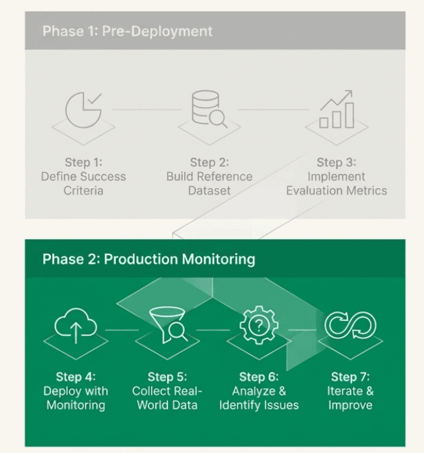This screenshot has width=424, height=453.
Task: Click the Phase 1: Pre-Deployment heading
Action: (x=127, y=31)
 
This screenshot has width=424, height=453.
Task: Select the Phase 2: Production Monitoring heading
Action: (x=149, y=259)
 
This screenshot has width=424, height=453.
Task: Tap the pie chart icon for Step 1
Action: (x=84, y=110)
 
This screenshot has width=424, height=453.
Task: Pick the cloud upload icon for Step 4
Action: (x=75, y=327)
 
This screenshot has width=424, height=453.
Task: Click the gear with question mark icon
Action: (x=258, y=325)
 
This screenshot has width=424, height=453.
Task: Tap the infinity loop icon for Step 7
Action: (x=350, y=326)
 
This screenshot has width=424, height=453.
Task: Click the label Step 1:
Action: (x=84, y=162)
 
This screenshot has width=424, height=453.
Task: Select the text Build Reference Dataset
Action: (x=209, y=183)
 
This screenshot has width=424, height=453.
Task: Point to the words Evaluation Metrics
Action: (x=336, y=190)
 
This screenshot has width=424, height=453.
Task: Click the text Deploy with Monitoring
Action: (x=76, y=398)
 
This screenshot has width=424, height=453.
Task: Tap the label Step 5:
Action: (x=167, y=377)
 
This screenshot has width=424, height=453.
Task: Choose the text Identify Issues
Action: (x=259, y=405)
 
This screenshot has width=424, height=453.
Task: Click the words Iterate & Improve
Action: (x=350, y=398)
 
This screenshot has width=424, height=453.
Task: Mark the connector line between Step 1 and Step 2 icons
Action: (x=147, y=109)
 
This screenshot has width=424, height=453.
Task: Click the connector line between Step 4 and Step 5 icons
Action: (x=122, y=330)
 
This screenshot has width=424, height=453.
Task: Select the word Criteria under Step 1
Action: (x=84, y=190)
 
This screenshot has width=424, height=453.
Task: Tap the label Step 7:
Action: (x=350, y=377)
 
